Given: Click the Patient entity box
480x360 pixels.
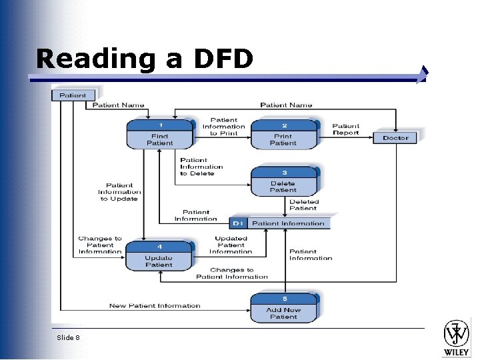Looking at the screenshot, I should coord(73,95).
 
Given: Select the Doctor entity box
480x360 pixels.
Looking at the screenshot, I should coord(395,138).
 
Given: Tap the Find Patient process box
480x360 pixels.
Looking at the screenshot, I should coord(159,135).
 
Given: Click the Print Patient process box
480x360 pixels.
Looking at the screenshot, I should coord(283,135).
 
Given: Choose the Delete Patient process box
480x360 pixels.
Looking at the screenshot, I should coord(283,182).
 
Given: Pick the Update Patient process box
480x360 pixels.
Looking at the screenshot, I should coord(159,256).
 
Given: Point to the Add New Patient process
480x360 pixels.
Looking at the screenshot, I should coord(283,309).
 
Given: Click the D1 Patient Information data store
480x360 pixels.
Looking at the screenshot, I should coord(279,223).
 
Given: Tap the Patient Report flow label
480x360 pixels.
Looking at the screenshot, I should coord(345,129).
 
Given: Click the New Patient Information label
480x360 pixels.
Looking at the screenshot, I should coord(155,306).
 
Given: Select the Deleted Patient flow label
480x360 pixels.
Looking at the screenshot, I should coord(304,205).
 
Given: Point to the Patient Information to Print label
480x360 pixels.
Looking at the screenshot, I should coord(224,127).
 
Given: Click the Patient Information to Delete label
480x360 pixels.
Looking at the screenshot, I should coord(201,167).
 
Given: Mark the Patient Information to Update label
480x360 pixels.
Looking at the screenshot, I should coord(119,192).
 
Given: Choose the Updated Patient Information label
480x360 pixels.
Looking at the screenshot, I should coord(231,245).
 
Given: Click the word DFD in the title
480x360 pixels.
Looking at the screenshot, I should coord(223,59).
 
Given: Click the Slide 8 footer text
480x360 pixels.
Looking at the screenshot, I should coord(68,338).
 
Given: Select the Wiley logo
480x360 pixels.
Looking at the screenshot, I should coord(457,337).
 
